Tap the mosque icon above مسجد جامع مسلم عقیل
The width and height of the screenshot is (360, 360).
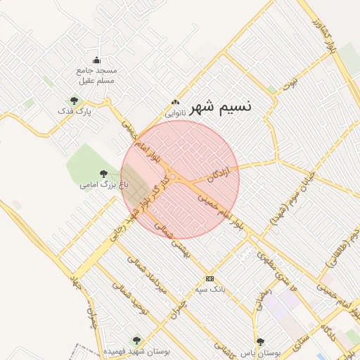(97, 60)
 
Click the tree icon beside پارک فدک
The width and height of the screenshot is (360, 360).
(74, 101)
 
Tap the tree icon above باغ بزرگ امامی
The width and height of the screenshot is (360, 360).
(104, 174)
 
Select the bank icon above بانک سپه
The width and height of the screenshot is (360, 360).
(210, 279)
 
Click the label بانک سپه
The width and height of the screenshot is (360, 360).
(210, 290)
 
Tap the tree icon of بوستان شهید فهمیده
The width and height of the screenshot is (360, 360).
(137, 340)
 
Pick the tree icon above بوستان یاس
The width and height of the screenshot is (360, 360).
(261, 342)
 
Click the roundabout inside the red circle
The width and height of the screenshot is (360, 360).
(172, 175)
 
